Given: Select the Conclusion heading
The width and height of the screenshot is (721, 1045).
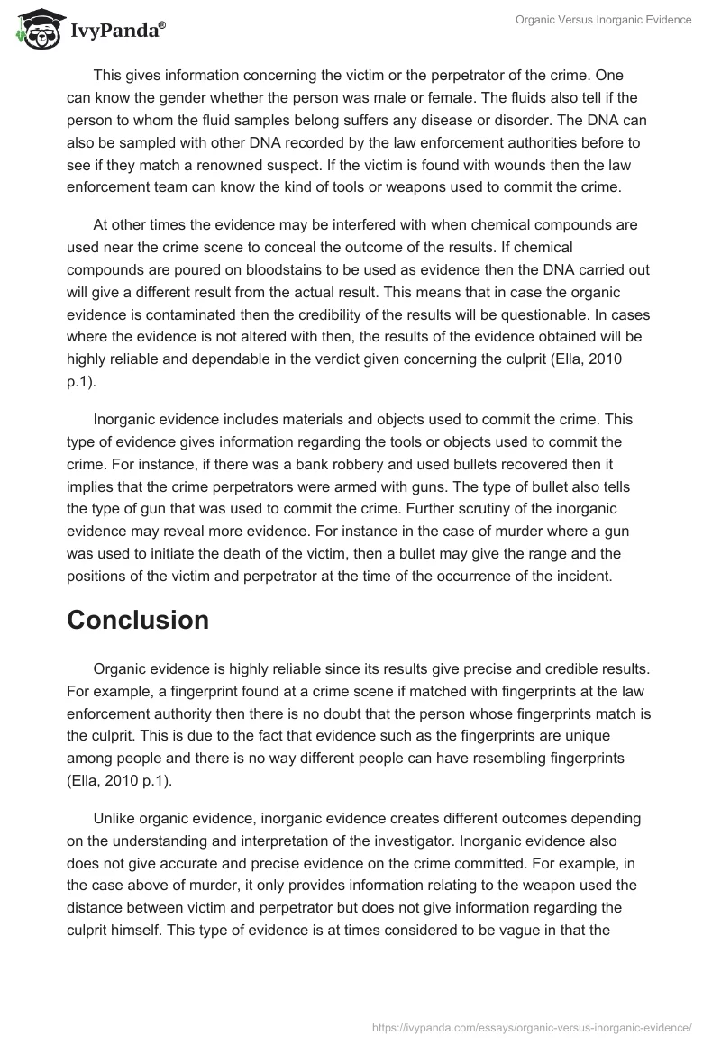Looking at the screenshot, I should pyautogui.click(x=138, y=620).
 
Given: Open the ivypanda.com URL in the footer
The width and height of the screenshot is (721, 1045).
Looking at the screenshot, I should pyautogui.click(x=532, y=1026).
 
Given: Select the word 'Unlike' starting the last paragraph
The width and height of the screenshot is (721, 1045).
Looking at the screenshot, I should pyautogui.click(x=117, y=818).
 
